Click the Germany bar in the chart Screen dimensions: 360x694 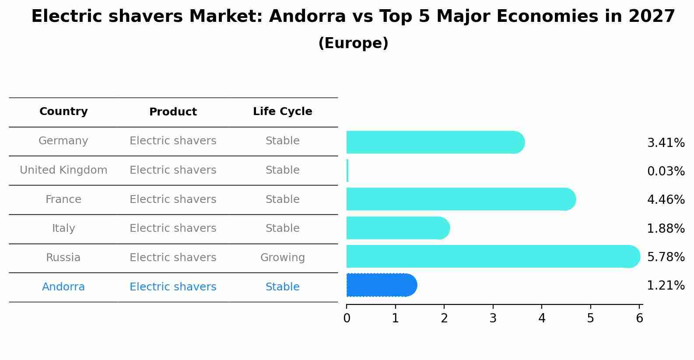coord(435,142)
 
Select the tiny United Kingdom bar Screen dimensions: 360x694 coord(347,171)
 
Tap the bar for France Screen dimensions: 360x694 coord(460,199)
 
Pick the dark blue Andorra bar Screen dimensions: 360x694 coord(381,285)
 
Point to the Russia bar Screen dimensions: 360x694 coord(493,256)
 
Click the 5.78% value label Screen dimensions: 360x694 coord(666,257)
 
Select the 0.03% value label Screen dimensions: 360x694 coord(666,171)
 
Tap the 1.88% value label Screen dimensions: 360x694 coord(666,228)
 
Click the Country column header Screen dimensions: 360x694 coord(63,112)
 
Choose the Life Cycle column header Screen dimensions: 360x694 coord(282,112)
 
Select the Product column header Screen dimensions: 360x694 coord(173,112)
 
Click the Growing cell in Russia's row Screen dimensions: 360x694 coord(282,258)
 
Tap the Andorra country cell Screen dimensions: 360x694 coord(63,287)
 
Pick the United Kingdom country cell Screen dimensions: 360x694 coord(63,170)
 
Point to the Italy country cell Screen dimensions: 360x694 coord(63,228)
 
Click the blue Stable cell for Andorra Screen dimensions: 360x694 coord(282,287)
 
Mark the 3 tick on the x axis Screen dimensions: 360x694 coord(493,318)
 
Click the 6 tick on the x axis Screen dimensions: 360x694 coord(639,318)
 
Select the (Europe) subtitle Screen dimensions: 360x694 coord(353,43)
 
